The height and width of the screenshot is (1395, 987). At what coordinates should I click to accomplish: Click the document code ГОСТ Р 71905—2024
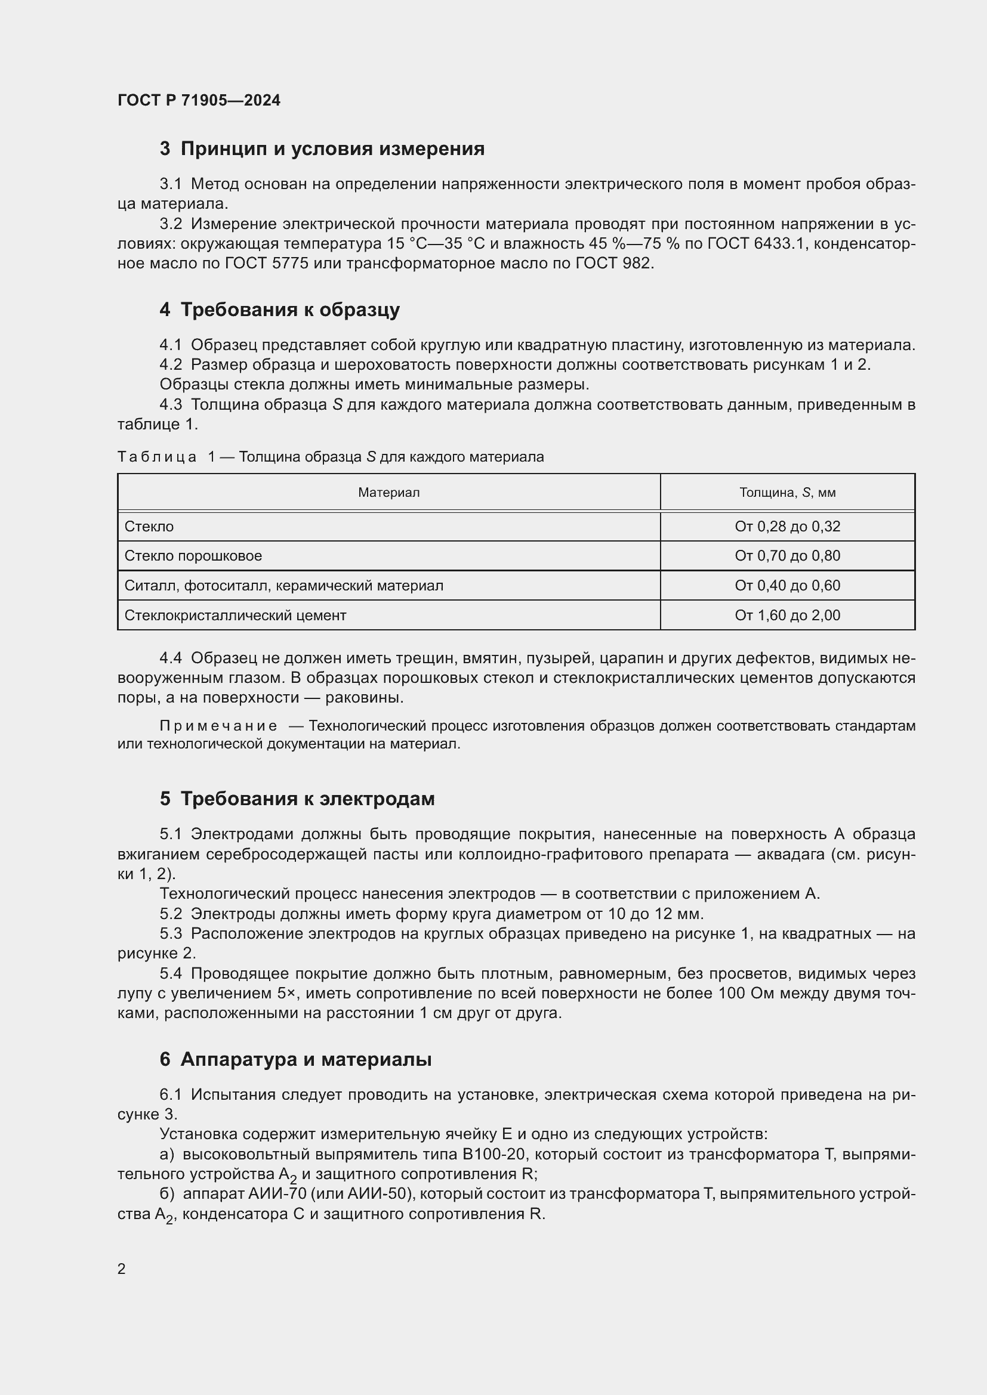click(199, 100)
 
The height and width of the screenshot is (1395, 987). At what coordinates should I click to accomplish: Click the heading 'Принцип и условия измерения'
click(332, 149)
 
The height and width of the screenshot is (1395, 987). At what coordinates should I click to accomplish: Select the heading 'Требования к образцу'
click(290, 310)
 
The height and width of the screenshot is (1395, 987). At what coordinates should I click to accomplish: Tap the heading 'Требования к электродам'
click(307, 799)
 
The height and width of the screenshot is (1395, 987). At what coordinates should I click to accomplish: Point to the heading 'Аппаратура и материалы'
click(306, 1059)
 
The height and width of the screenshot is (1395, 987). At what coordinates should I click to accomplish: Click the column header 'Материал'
click(388, 492)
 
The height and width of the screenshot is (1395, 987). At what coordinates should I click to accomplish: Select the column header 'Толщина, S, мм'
click(787, 492)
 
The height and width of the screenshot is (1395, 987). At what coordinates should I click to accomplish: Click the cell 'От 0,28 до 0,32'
click(787, 527)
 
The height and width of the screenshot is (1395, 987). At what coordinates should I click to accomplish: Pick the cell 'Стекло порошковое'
click(193, 556)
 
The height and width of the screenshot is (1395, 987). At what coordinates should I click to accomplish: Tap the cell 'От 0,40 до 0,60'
click(787, 586)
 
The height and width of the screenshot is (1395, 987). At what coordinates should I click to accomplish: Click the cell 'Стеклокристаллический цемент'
click(235, 615)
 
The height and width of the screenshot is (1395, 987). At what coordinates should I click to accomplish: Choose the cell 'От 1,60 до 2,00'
click(787, 615)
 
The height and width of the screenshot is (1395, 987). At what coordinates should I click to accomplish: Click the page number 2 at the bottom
click(122, 1269)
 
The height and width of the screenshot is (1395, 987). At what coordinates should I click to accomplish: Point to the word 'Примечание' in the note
click(218, 726)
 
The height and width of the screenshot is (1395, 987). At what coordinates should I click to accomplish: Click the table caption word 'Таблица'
click(157, 457)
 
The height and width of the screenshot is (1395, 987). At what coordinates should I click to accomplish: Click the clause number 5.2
click(171, 914)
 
